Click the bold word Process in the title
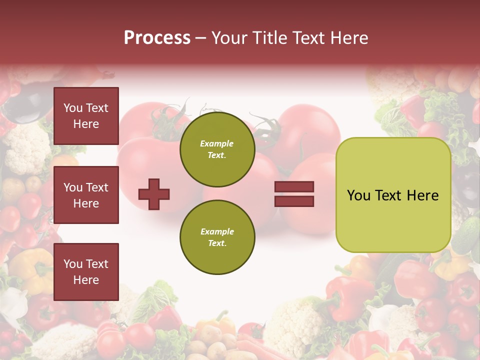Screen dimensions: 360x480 [x=157, y=38]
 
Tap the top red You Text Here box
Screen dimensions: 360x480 [x=86, y=116]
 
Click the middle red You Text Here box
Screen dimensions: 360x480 [x=86, y=195]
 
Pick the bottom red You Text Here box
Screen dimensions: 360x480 [x=86, y=272]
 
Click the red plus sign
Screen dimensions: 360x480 [x=154, y=194]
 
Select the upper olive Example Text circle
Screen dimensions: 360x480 [x=217, y=149]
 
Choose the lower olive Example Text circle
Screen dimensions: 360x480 [x=217, y=237]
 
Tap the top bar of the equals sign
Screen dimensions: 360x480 [x=294, y=187]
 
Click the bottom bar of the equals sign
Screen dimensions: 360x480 [x=294, y=201]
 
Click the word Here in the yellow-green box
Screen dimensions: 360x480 [x=422, y=195]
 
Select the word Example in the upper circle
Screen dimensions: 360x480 [x=217, y=144]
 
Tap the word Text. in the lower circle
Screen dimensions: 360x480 [x=217, y=243]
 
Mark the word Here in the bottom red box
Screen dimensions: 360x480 [x=86, y=280]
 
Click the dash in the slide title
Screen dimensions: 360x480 [x=201, y=38]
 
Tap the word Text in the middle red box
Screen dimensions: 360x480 [x=96, y=187]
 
